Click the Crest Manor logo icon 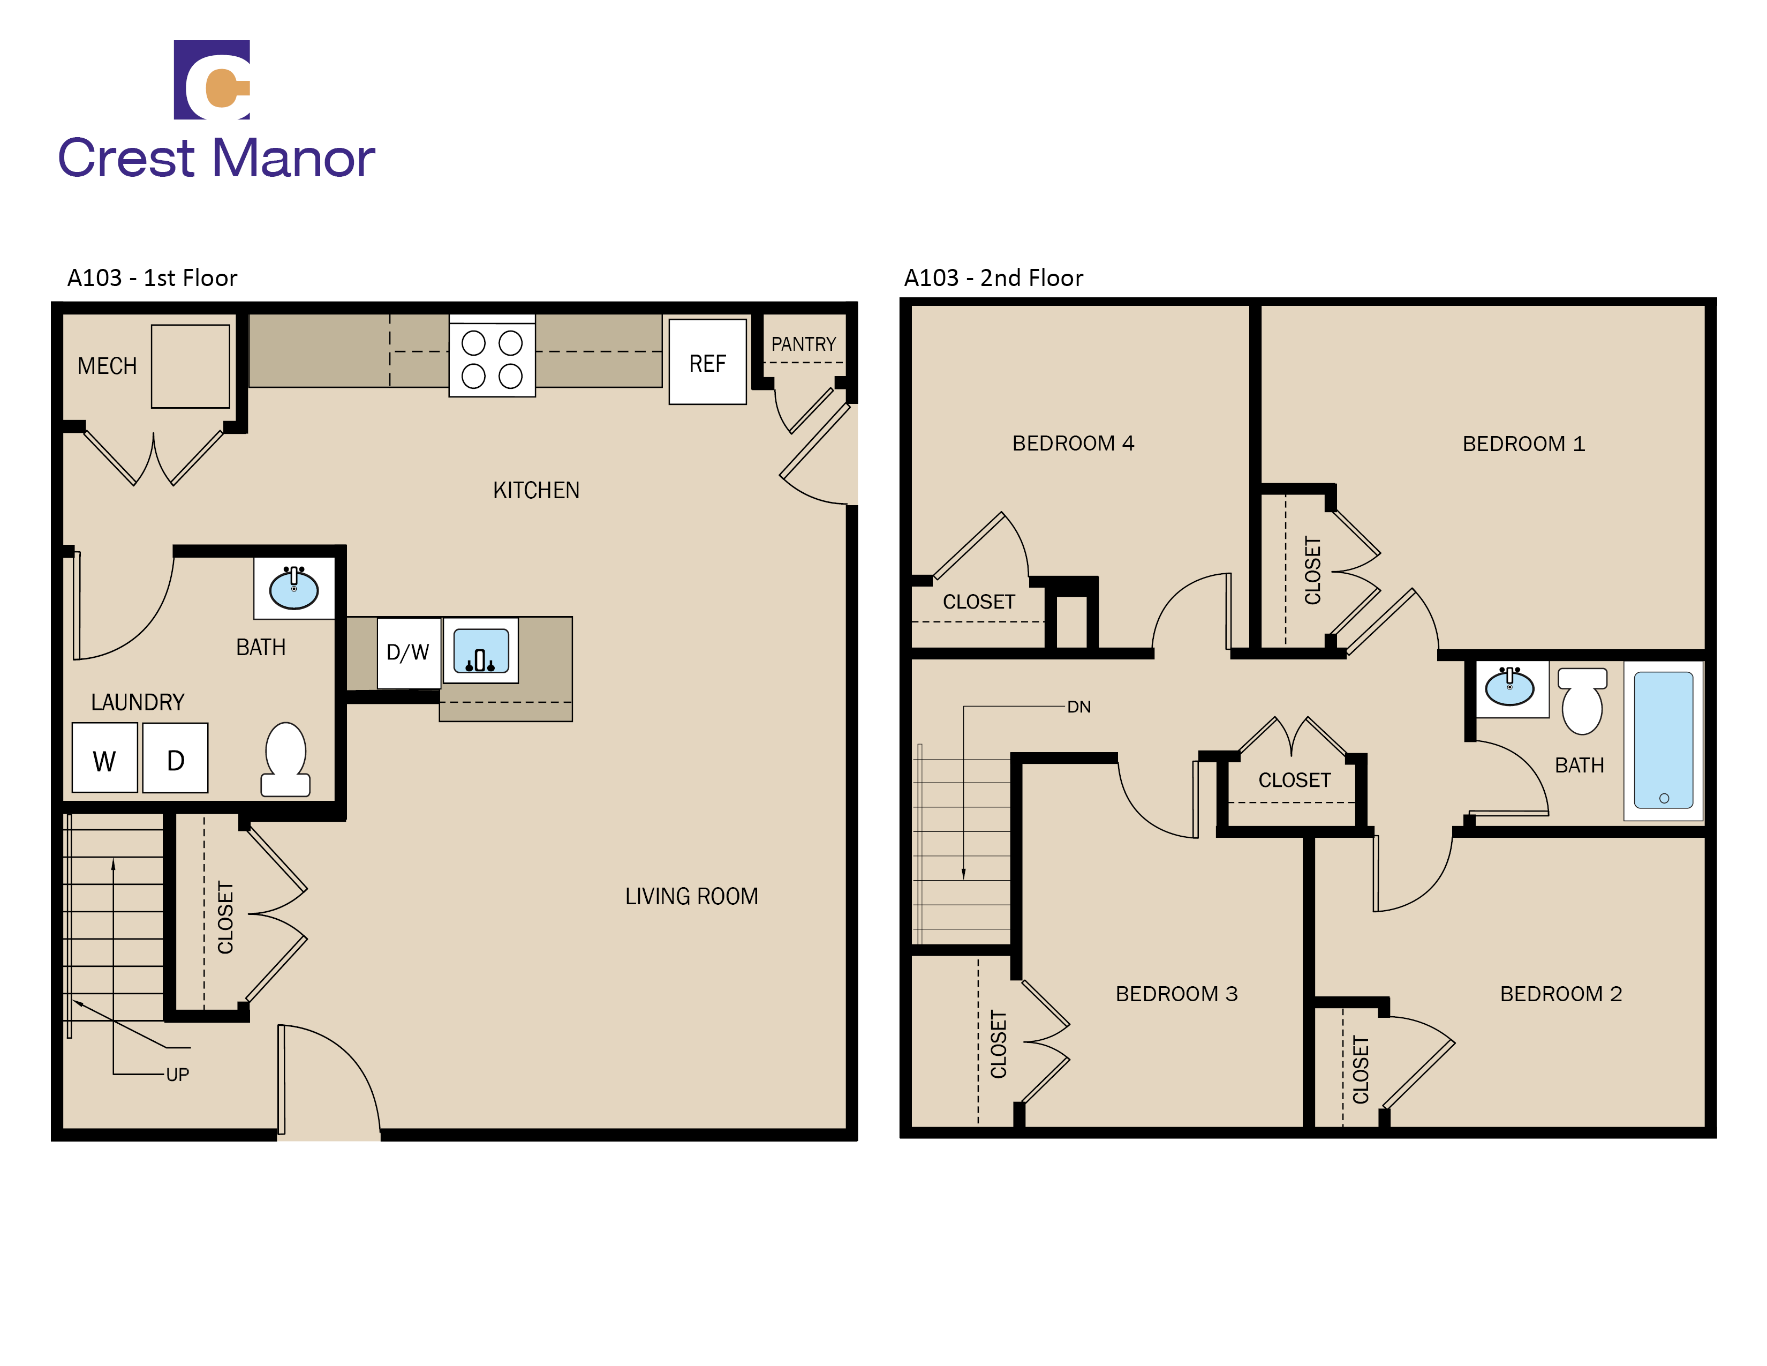point(212,79)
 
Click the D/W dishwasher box point(409,652)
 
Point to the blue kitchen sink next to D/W point(481,651)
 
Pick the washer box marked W point(104,758)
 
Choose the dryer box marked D point(175,758)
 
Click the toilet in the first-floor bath point(285,759)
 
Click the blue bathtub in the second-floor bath point(1664,740)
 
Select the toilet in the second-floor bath point(1582,700)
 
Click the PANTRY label point(803,344)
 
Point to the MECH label point(107,366)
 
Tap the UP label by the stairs point(177,1075)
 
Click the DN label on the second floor point(1078,707)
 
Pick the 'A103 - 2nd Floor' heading point(993,277)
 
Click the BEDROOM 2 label point(1561,994)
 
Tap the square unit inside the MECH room point(190,366)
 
